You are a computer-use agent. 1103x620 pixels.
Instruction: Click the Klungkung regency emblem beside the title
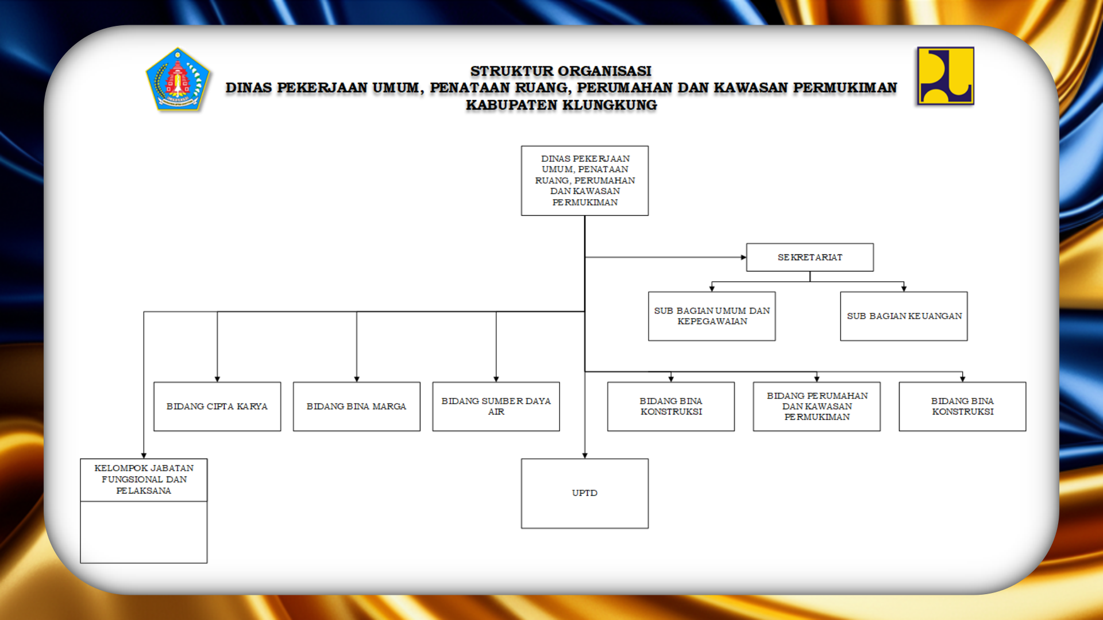178,79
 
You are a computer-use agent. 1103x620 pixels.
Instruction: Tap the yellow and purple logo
945,76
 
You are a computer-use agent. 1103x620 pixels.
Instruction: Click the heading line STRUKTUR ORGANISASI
561,71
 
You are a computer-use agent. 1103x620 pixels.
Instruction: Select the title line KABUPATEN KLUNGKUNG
561,105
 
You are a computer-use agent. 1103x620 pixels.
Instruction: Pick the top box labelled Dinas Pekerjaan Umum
585,180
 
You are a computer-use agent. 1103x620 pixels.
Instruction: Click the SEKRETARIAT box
810,257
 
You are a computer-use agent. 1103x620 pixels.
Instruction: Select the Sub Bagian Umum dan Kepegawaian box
712,316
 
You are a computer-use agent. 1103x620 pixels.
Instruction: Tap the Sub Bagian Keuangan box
904,316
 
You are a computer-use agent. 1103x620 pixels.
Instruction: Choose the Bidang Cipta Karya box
217,406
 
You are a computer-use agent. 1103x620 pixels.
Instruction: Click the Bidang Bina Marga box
357,406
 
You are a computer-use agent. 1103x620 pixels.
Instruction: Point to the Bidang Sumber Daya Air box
496,406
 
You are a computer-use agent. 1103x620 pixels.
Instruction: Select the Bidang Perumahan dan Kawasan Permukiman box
817,406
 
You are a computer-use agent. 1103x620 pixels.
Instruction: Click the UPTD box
585,493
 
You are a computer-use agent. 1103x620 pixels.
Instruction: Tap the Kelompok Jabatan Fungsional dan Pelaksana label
144,479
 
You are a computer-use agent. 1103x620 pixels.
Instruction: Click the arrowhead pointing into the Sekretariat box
743,257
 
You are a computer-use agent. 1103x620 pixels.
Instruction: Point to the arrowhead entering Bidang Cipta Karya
217,379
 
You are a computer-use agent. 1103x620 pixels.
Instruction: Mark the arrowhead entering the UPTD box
585,456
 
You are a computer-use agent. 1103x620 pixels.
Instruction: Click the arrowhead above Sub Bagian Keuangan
904,289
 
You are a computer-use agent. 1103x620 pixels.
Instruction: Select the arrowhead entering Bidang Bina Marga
357,379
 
